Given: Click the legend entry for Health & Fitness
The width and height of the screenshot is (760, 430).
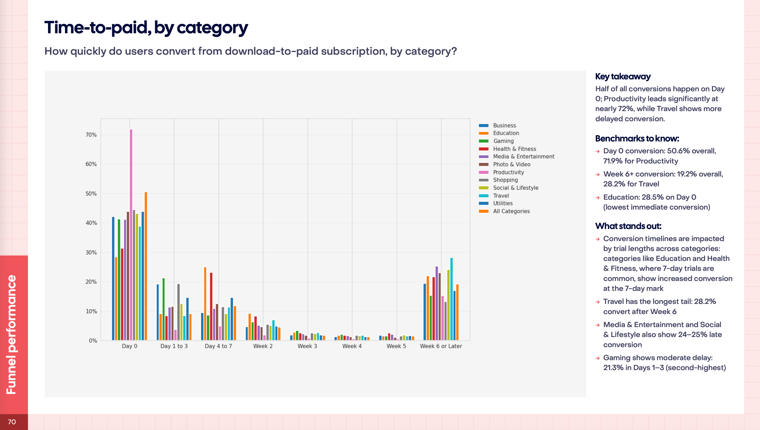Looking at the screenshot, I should tap(514, 149).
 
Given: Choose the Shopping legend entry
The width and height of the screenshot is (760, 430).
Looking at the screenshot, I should tap(505, 180).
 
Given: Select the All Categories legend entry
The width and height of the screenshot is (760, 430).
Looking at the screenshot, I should tap(511, 211).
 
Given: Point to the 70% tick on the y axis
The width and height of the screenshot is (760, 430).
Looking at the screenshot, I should tap(91, 135).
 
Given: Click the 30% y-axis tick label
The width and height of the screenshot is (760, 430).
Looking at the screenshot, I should tap(91, 253).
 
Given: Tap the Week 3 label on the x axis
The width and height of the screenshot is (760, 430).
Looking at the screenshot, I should tap(307, 346).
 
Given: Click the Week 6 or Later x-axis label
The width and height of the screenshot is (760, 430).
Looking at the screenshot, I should tap(441, 346).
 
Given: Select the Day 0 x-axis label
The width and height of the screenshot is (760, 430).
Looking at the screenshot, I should tap(129, 346).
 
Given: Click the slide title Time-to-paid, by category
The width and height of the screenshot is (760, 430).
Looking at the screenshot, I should tap(146, 28).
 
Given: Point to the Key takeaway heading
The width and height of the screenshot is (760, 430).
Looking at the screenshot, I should tap(623, 76).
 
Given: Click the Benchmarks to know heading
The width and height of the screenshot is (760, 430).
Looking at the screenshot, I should tap(637, 139).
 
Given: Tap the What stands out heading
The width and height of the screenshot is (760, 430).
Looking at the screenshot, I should tap(628, 226).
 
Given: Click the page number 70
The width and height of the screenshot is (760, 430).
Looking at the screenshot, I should tap(12, 422).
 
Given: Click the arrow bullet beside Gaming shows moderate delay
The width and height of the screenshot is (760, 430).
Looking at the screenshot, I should tap(598, 358).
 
